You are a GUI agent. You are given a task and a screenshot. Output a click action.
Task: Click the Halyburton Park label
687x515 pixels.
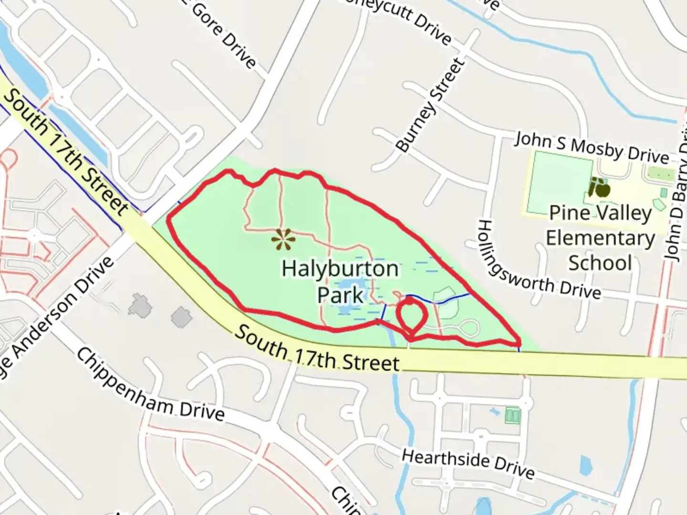point(340,281)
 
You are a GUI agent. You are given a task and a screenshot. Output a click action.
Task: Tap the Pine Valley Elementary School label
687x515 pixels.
point(600,238)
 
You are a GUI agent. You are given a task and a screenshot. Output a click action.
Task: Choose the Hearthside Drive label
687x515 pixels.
point(468,463)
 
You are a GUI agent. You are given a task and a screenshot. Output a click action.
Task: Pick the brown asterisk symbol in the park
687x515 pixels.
point(283,240)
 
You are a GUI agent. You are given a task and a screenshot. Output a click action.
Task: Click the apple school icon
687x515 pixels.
point(599,187)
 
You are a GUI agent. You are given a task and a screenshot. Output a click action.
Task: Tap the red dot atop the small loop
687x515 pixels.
point(409,301)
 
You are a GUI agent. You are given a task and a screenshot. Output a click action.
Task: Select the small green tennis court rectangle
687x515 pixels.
point(512,415)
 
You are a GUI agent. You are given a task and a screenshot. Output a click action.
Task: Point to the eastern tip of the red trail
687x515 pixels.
point(519,343)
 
